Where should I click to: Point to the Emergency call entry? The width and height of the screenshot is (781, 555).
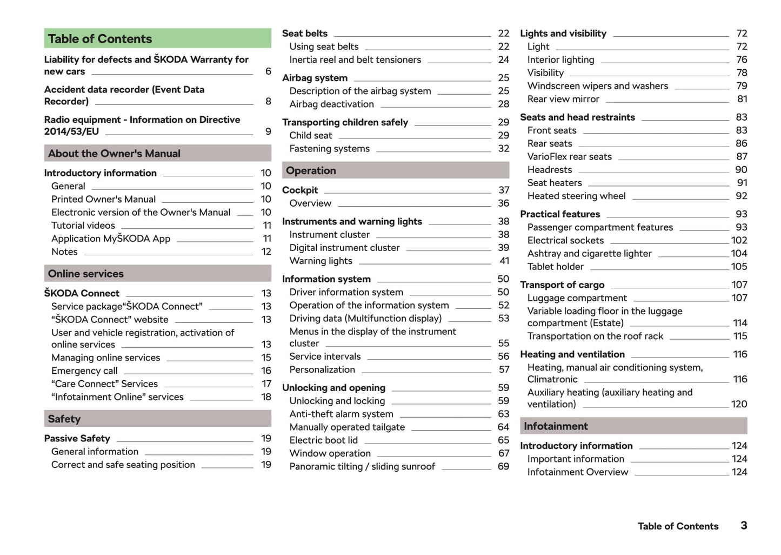click(84, 371)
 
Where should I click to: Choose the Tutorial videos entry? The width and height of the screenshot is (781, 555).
click(83, 226)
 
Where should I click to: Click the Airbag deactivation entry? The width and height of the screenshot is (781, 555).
click(331, 104)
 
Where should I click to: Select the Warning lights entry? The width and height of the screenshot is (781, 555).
click(321, 261)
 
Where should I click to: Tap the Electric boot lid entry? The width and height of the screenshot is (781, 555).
click(323, 440)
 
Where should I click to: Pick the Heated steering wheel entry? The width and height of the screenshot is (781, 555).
click(576, 196)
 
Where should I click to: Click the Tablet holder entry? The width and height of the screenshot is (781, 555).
click(555, 267)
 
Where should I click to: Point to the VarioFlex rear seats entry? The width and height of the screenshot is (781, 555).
click(569, 157)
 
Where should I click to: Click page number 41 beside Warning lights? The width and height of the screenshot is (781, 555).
click(504, 261)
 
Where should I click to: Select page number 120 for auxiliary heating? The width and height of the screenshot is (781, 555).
click(739, 405)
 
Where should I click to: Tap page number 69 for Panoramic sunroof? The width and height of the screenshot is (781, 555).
click(503, 466)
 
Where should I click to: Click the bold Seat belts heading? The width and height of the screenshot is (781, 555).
click(305, 34)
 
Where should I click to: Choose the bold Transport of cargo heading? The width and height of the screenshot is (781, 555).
click(562, 285)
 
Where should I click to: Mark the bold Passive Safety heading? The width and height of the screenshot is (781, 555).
click(77, 439)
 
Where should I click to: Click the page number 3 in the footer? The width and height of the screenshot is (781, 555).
click(744, 526)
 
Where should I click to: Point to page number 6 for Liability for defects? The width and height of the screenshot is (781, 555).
click(268, 71)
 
